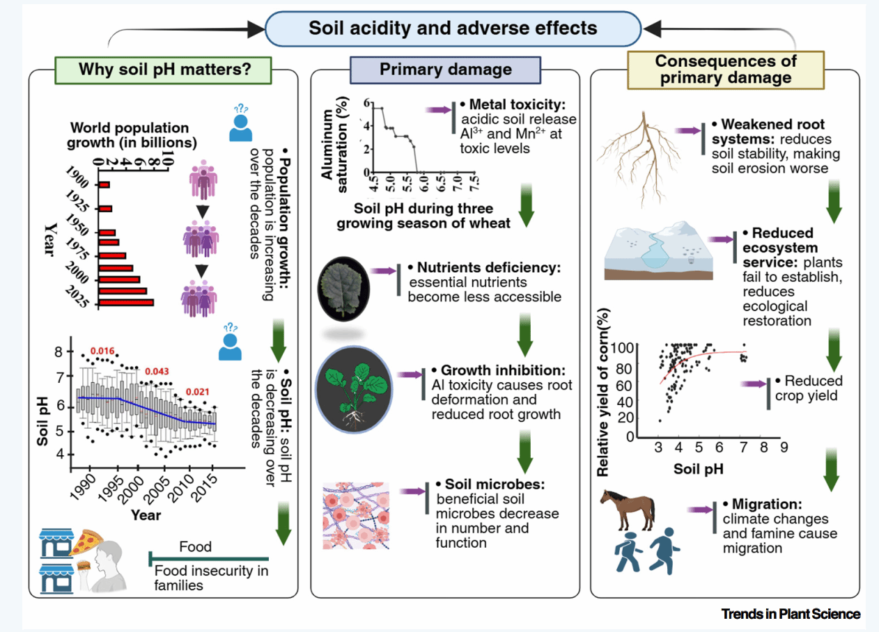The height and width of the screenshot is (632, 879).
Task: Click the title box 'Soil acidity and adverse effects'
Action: coord(453,29)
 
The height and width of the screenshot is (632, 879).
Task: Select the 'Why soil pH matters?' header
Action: coord(164,70)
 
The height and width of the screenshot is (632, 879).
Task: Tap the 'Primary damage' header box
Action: coord(445,70)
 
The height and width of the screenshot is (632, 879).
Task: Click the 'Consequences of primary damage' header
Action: coord(725,70)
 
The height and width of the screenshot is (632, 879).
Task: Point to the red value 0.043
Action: coord(156,371)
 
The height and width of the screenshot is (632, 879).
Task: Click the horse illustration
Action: coord(627,508)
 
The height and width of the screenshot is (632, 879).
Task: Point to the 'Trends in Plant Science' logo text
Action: coord(791,614)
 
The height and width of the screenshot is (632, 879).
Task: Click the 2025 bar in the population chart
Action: coord(126,302)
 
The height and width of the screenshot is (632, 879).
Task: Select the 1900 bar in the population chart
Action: coord(104,185)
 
